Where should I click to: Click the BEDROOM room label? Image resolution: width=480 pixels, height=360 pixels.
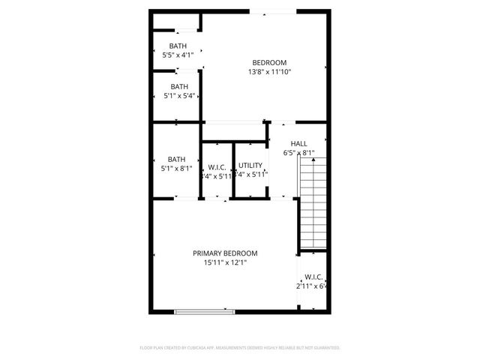point(269,62)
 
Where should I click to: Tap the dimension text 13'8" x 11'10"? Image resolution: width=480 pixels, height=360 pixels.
point(269,72)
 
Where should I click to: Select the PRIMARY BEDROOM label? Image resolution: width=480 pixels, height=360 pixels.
point(225,253)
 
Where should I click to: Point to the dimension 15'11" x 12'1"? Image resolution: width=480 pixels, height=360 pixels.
point(225,262)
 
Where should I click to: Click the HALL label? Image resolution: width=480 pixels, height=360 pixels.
point(298,143)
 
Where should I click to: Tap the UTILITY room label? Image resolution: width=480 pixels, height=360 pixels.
point(250,165)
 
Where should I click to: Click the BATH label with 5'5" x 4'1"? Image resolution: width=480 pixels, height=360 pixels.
point(178,46)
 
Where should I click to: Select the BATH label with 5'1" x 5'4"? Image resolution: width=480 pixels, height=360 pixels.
point(178,86)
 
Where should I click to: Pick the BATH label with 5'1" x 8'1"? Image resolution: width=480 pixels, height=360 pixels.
point(177,159)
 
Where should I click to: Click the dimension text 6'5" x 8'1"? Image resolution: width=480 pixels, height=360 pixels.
point(298,153)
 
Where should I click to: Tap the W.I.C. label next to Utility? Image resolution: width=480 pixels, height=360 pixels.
point(217,167)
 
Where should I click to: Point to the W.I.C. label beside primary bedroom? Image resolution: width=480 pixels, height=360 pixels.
point(313,277)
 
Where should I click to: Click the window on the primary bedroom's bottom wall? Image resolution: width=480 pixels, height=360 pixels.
point(204,311)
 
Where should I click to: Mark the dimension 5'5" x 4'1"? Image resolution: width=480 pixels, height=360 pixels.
point(178,55)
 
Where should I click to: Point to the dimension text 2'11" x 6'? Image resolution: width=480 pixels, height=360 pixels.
point(312,286)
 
